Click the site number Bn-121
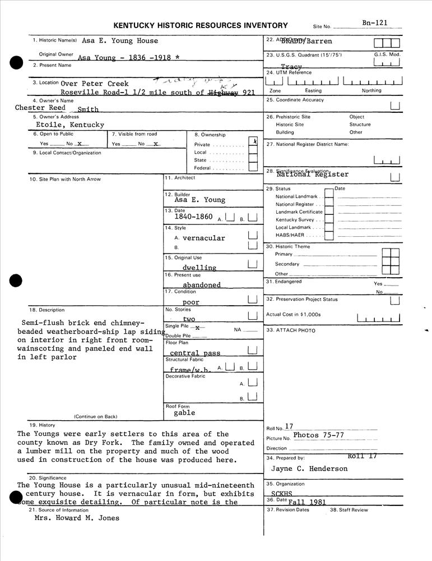click(374, 23)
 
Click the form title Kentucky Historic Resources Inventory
click(201, 25)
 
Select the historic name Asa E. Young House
click(120, 41)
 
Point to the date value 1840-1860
click(193, 217)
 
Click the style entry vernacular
click(203, 238)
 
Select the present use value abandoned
click(202, 284)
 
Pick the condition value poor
click(191, 302)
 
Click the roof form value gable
click(184, 413)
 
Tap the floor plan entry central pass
click(195, 353)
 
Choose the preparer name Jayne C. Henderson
click(309, 468)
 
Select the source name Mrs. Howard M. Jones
click(77, 518)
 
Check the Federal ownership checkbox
click(253, 167)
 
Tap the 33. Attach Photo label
click(291, 330)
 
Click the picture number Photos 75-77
click(318, 435)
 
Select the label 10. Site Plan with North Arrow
click(65, 180)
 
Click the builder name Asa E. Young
click(199, 200)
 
